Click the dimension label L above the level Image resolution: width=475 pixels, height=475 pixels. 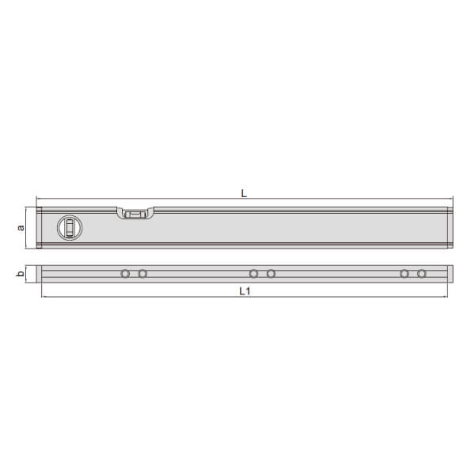(244, 193)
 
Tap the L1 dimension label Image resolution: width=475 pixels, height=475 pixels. (245, 291)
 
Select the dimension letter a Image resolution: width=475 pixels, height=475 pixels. (21, 227)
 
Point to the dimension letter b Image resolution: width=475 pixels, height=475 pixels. (20, 274)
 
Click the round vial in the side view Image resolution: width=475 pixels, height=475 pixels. (70, 227)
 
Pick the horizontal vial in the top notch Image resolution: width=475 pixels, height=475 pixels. (135, 215)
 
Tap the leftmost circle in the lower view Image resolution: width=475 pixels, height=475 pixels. (125, 274)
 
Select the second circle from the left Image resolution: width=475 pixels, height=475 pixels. (142, 274)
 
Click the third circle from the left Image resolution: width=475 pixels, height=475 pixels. (253, 274)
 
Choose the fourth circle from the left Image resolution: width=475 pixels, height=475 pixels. (271, 274)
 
